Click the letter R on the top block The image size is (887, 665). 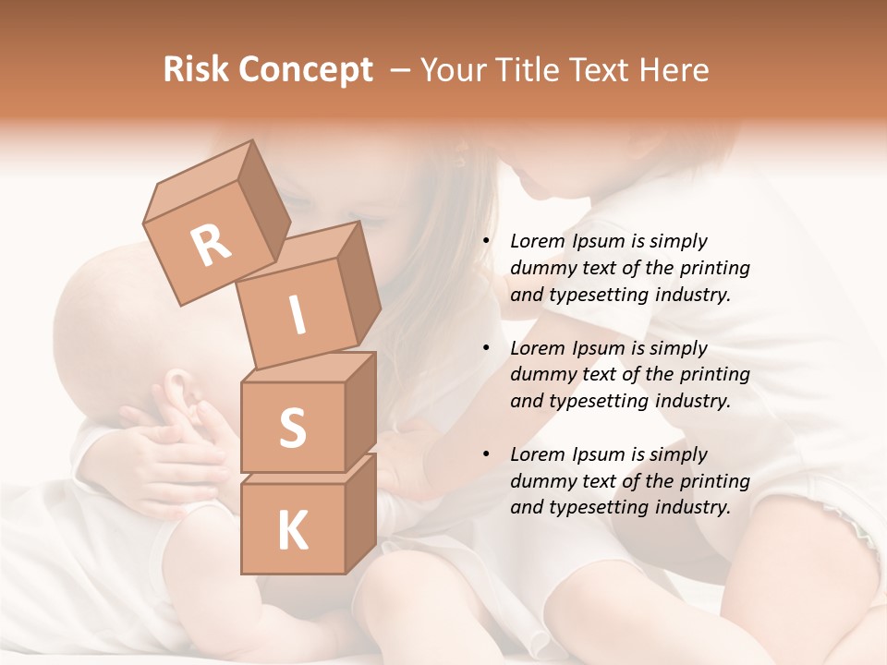pos(211,247)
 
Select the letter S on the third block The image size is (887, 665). pos(292,428)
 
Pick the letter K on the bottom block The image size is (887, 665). pos(292,530)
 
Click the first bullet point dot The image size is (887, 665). pos(486,242)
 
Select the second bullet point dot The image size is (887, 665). pos(486,349)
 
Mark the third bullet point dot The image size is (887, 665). pos(486,455)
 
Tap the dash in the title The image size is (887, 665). pos(401,70)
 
